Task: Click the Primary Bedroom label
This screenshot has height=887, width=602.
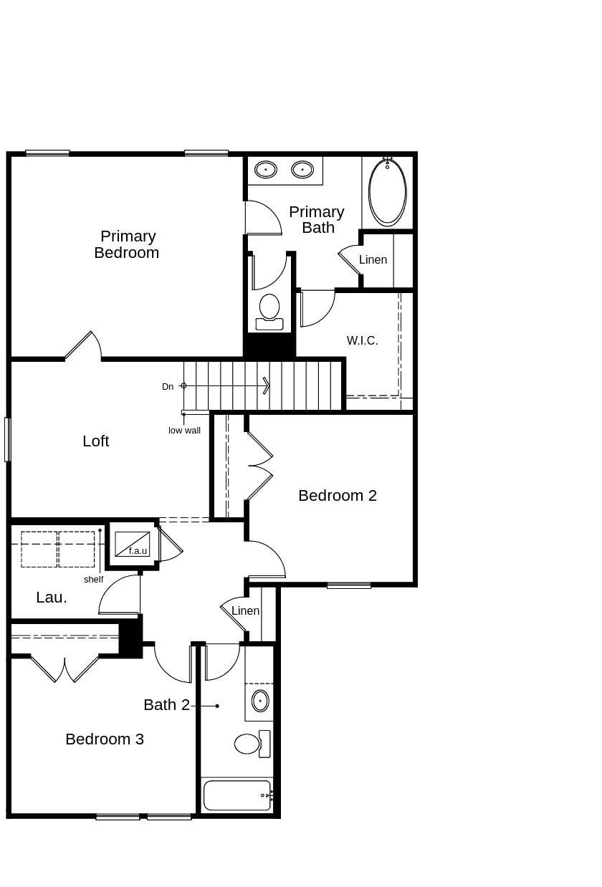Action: (x=126, y=244)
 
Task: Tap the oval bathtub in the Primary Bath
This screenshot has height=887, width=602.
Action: (x=387, y=191)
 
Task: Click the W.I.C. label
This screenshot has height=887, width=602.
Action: (x=362, y=341)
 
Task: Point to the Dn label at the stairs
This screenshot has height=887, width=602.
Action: (x=168, y=387)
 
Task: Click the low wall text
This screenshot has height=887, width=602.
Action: (x=184, y=431)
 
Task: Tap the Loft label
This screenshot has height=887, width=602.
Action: (x=95, y=441)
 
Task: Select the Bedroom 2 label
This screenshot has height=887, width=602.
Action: (x=337, y=496)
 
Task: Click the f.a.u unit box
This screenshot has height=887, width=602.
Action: (x=133, y=544)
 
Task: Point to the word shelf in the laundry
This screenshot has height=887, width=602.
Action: (x=93, y=580)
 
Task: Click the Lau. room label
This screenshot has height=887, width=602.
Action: (x=52, y=598)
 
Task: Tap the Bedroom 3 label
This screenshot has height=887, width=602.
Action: (x=105, y=739)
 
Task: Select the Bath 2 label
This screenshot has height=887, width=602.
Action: (x=166, y=705)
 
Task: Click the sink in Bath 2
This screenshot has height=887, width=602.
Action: (x=260, y=701)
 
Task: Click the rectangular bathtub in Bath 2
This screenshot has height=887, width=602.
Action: (x=237, y=795)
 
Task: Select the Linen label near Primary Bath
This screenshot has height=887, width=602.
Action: (x=373, y=260)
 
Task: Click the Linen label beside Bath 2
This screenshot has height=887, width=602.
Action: (x=245, y=611)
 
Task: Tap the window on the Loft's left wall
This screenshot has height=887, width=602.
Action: (x=7, y=439)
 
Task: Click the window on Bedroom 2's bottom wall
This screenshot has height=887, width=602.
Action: (x=349, y=585)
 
